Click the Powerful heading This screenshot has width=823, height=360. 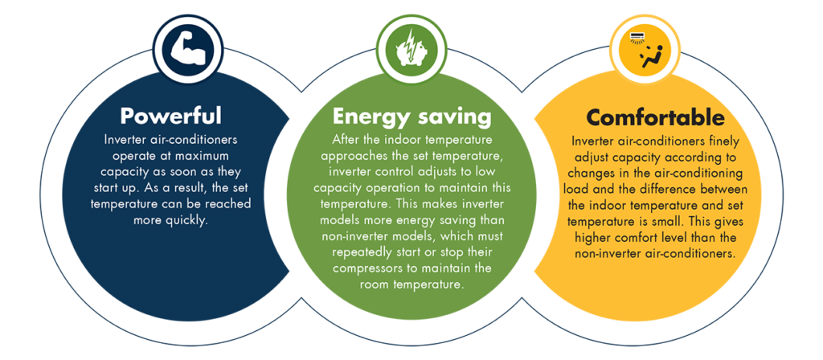(x=170, y=116)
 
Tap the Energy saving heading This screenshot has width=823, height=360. (x=412, y=117)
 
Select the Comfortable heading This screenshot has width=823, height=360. (x=655, y=117)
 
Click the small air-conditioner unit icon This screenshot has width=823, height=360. (x=637, y=37)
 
